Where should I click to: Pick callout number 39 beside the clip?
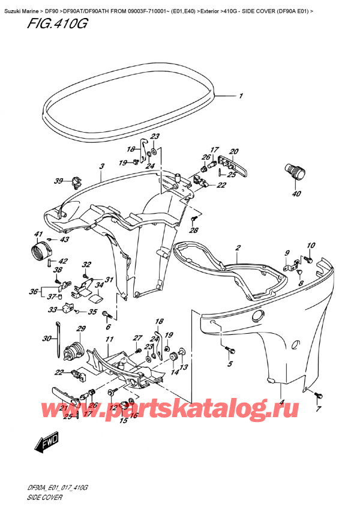tap(58, 181)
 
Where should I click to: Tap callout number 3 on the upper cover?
tap(102, 166)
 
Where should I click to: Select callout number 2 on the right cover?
tap(238, 248)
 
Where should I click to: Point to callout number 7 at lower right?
tap(319, 409)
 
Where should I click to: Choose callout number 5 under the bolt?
tap(230, 364)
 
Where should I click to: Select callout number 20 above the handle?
tap(234, 151)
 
